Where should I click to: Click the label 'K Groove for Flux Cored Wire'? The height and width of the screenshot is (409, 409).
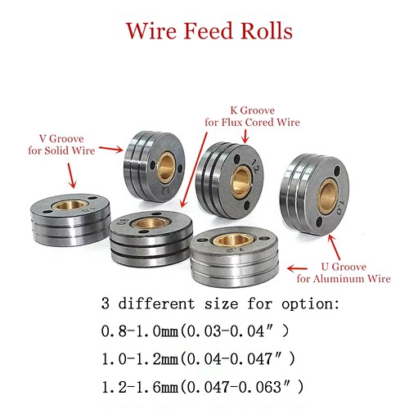252,116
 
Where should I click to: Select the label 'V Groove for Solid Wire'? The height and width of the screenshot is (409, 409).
61,145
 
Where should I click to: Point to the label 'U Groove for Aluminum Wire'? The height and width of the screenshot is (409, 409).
344,272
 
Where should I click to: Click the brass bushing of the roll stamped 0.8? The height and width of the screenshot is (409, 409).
151,224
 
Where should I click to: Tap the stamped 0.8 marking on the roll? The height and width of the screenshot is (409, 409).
122,222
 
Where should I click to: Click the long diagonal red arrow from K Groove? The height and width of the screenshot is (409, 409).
194,169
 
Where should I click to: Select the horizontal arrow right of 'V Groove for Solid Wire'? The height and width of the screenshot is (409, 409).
111,149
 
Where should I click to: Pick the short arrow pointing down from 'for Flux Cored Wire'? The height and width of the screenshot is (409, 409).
245,137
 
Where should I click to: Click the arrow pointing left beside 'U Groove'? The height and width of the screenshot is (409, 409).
298,268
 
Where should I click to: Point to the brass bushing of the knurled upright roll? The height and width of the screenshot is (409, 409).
241,182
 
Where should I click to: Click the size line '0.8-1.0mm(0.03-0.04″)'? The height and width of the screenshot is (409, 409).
195,331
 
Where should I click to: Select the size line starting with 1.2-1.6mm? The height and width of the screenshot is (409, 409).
202,387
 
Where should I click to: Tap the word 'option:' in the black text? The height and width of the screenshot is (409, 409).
310,304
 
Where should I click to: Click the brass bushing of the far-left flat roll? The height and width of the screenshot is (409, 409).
70,204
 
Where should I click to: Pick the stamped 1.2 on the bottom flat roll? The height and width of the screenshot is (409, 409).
233,249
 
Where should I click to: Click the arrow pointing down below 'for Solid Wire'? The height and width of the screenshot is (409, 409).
71,176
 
